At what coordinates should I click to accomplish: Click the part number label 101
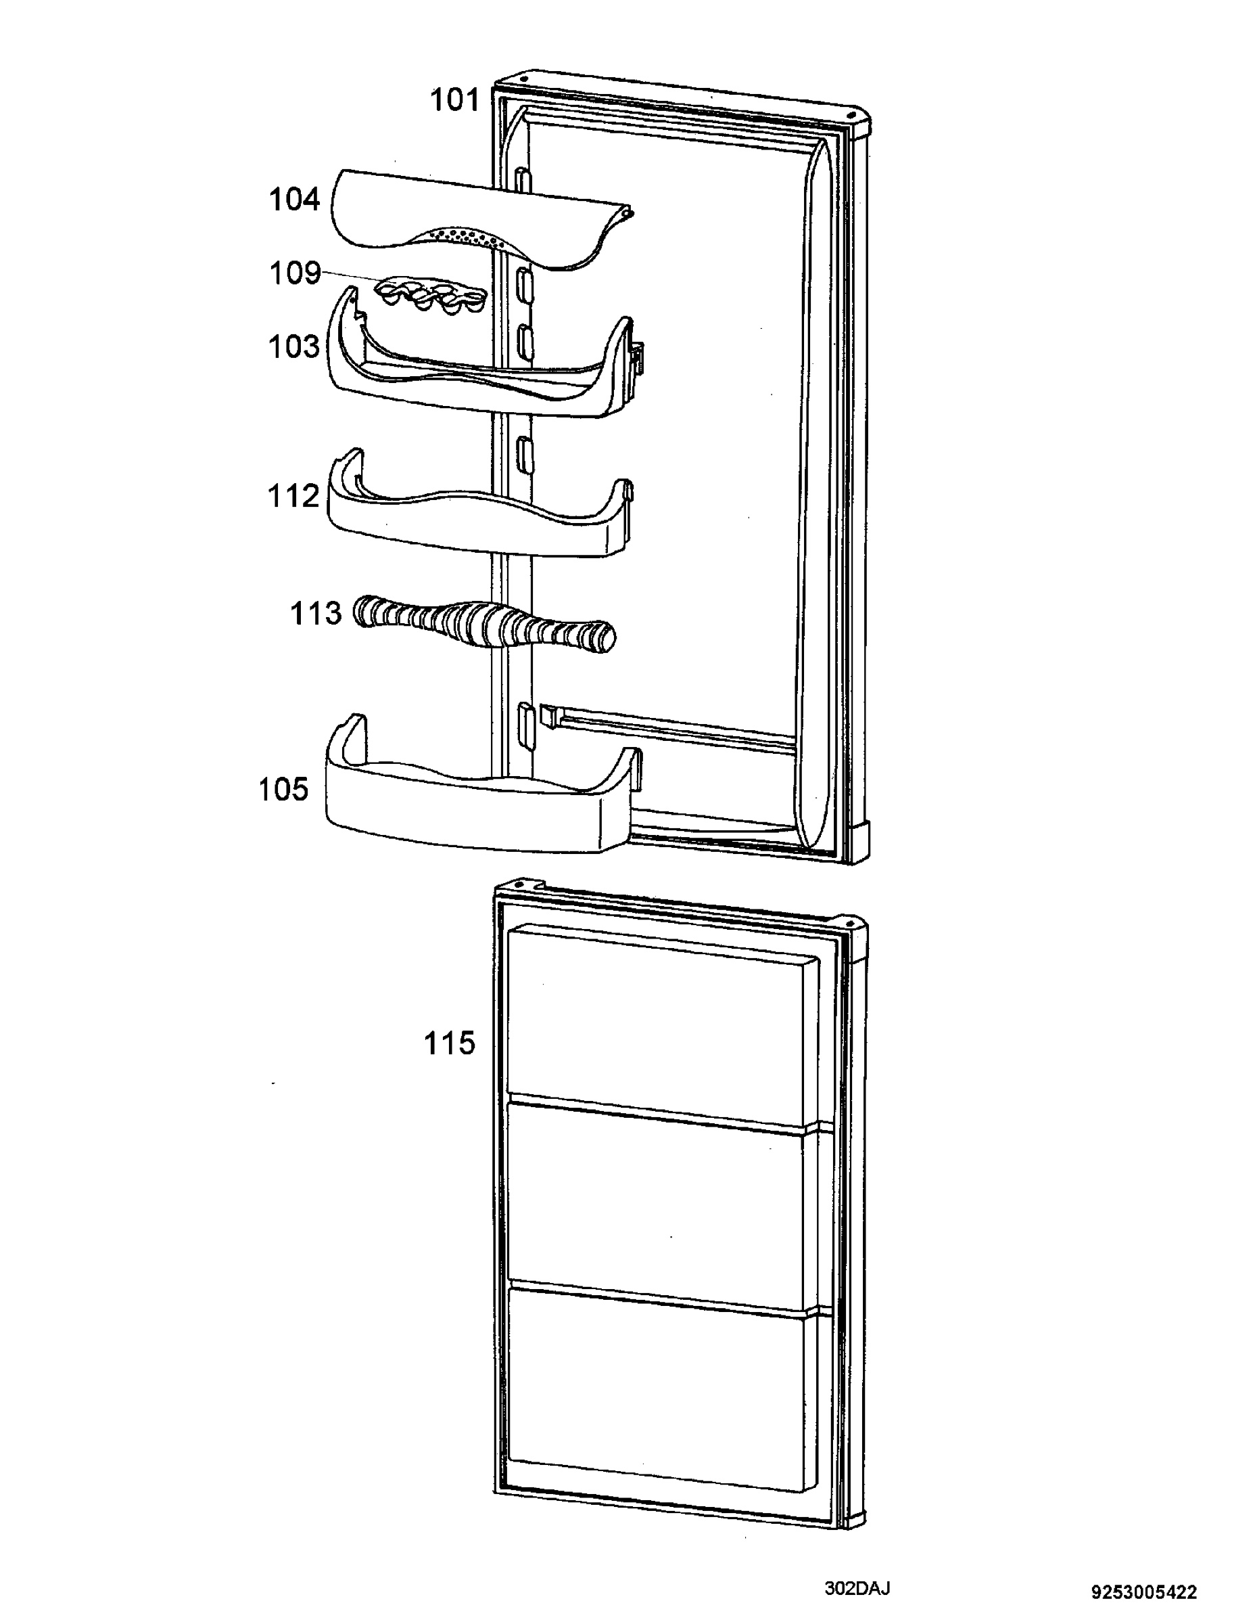(455, 99)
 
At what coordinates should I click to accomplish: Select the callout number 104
(294, 200)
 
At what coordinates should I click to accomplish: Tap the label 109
(294, 273)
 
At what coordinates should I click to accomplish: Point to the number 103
(294, 346)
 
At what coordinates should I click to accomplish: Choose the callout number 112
(293, 496)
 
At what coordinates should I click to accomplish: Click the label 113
(315, 614)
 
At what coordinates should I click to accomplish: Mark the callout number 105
(283, 789)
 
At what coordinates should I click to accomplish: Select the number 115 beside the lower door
(449, 1043)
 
